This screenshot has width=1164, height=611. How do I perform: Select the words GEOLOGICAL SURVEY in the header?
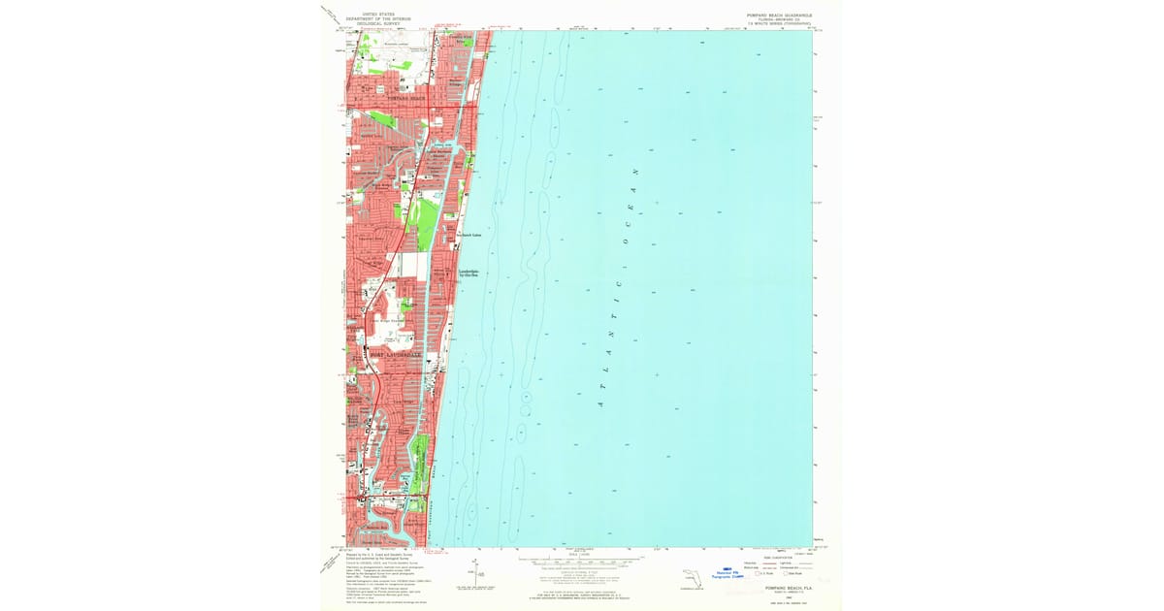coord(380,23)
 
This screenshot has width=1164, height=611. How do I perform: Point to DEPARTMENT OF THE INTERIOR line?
coord(380,18)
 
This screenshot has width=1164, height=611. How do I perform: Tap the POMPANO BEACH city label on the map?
coord(406,99)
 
